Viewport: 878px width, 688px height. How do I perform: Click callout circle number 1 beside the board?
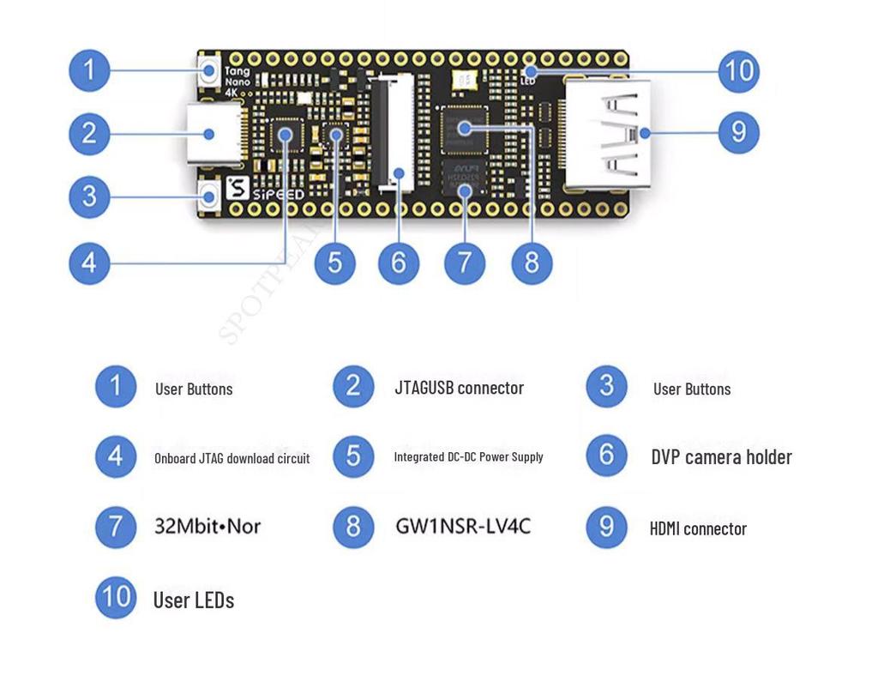(89, 70)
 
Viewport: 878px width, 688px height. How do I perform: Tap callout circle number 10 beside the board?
(738, 70)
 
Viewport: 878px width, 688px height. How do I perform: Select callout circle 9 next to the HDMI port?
(738, 133)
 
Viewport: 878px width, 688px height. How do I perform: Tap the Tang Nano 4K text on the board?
(238, 81)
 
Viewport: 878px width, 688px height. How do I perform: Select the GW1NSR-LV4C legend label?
(463, 526)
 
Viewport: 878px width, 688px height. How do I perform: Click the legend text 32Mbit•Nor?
(207, 526)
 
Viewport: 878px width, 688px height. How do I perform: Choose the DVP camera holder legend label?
(721, 457)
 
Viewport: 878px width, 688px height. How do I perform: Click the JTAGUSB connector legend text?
(459, 388)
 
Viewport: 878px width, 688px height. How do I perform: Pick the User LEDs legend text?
(193, 600)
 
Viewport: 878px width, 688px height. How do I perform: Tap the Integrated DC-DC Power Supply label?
(468, 457)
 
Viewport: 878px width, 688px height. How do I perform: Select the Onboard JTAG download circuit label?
(232, 458)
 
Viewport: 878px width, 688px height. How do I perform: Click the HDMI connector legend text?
(698, 528)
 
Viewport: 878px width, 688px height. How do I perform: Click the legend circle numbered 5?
(353, 456)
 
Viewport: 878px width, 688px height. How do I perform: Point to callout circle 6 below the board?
(399, 263)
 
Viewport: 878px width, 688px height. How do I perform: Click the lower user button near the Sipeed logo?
(208, 198)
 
